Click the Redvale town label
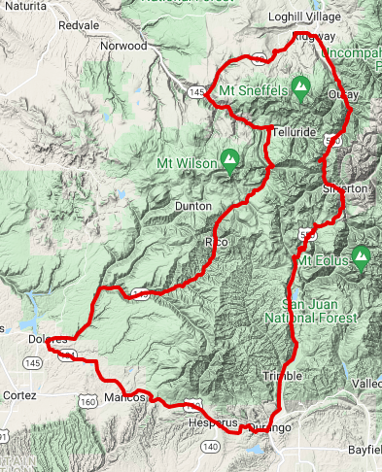coord(79,24)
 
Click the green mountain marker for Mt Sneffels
coord(302,88)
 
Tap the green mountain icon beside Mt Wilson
coord(230,157)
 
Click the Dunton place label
coord(191,206)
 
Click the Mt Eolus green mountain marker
coord(362,257)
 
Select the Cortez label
coord(18,396)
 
